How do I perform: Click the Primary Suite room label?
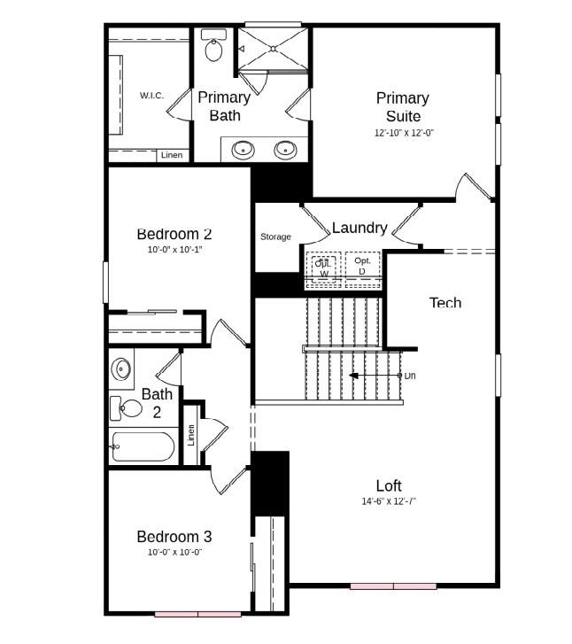point(402,106)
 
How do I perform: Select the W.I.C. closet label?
point(151,96)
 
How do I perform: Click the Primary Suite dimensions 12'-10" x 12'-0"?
point(404,133)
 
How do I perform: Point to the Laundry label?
point(359,228)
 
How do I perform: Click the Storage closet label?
point(275,237)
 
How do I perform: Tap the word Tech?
point(444,303)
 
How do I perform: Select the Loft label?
point(389,485)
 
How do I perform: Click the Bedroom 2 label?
point(174,234)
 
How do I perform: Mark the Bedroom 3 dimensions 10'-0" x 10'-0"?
point(174,552)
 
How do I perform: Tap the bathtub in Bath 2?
point(143,447)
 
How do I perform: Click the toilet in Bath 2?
point(126,408)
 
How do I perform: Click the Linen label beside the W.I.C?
point(172,156)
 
